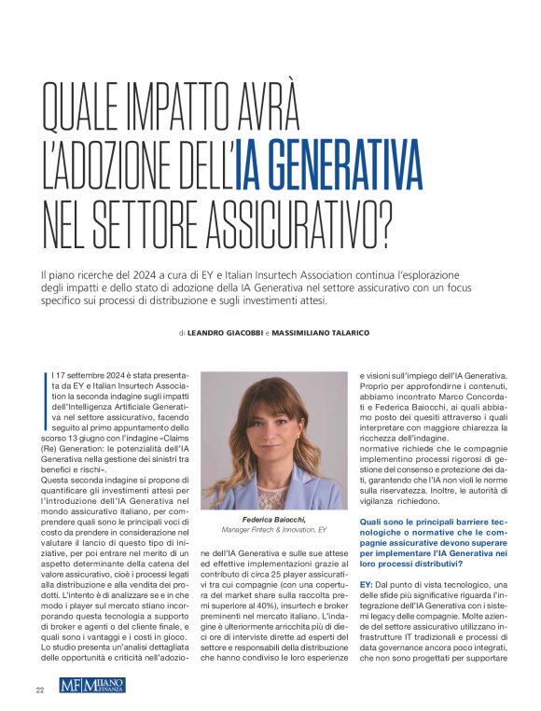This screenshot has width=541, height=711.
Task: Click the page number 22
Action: pos(40,690)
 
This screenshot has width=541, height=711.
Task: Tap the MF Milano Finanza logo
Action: pos(92,686)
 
